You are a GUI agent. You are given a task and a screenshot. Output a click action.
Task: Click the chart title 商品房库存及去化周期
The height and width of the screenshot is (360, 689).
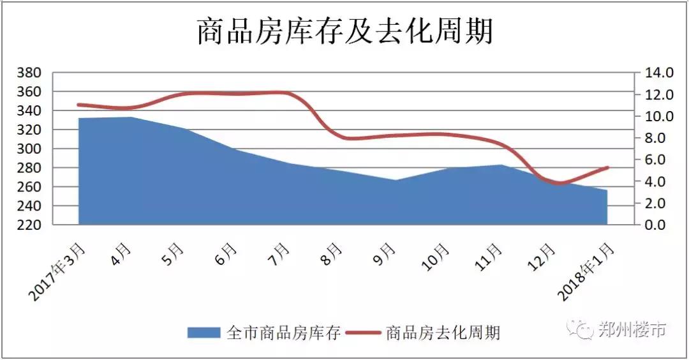(344, 31)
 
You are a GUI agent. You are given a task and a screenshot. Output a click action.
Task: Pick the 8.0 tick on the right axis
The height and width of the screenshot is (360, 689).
(656, 138)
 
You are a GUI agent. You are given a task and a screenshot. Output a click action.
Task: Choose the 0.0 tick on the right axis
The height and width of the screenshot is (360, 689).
(656, 225)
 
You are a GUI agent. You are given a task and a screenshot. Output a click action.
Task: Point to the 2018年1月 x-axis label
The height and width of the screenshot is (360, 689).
(587, 268)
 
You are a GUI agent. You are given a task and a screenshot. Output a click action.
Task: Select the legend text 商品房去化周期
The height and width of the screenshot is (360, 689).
(443, 332)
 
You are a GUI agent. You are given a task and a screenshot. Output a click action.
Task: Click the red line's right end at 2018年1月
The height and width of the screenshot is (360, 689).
(608, 167)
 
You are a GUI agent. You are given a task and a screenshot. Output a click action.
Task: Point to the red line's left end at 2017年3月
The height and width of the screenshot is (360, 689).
(78, 105)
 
